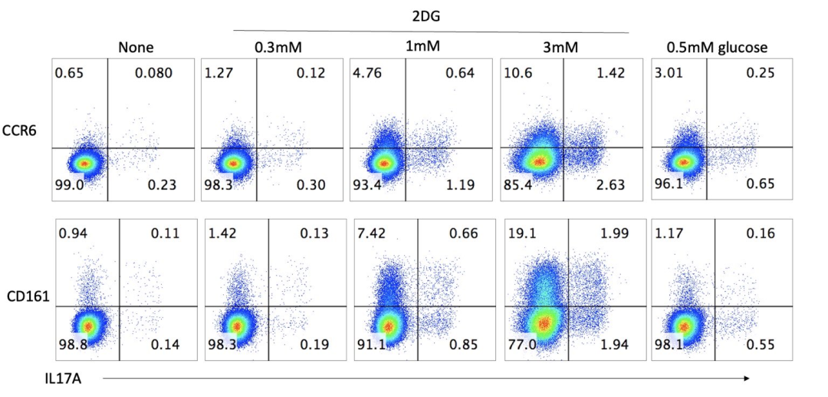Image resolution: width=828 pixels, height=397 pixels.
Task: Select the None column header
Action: (x=136, y=48)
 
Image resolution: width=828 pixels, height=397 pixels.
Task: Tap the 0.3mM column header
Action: (x=279, y=48)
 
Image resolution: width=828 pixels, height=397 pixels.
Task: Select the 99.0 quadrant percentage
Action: (x=68, y=184)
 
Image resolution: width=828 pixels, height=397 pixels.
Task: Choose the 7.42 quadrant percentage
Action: (x=375, y=233)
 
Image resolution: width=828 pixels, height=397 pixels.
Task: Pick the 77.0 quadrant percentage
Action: (x=523, y=345)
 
